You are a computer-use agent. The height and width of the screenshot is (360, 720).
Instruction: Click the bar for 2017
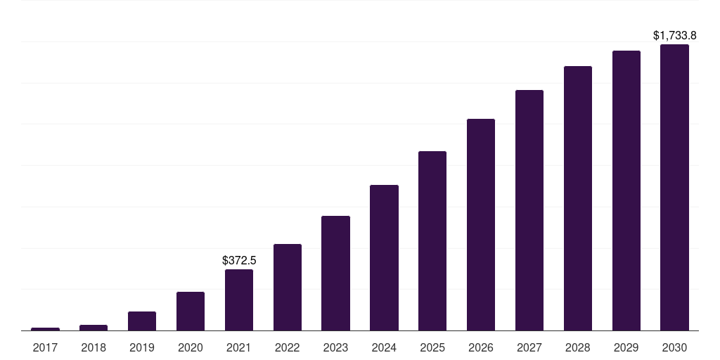click(x=45, y=329)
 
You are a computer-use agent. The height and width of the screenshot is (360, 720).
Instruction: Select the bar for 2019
click(x=142, y=321)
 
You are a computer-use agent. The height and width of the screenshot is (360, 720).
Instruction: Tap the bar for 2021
click(x=239, y=300)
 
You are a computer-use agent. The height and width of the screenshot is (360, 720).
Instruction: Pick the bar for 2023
click(x=335, y=274)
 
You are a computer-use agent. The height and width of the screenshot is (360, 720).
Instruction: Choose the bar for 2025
click(x=432, y=240)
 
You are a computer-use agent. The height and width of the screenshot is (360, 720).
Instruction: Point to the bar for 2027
click(x=529, y=210)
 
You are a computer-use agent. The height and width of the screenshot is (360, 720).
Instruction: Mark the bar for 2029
click(x=626, y=191)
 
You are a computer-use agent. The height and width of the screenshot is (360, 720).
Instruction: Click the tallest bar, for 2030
click(x=674, y=187)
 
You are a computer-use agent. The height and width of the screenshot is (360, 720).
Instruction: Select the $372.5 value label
click(x=239, y=260)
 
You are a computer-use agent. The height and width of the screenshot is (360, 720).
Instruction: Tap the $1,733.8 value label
click(x=674, y=35)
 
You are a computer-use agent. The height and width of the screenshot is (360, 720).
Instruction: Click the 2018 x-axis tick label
click(x=94, y=347)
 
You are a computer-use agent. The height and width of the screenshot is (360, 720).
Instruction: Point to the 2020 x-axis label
click(x=191, y=347)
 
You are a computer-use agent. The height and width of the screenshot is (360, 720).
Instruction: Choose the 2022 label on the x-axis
click(x=288, y=347)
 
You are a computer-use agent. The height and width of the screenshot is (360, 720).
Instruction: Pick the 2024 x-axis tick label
click(x=385, y=347)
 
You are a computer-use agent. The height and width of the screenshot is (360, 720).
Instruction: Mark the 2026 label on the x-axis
click(x=481, y=347)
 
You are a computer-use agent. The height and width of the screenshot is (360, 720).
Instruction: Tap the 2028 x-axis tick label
click(x=578, y=347)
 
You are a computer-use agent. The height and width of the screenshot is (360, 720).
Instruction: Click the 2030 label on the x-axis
click(x=674, y=347)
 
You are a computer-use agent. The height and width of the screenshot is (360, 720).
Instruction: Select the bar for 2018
click(x=94, y=328)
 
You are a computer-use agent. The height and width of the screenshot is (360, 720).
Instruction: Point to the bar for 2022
click(x=288, y=288)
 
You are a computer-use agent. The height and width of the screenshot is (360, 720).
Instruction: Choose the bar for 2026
click(x=481, y=224)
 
